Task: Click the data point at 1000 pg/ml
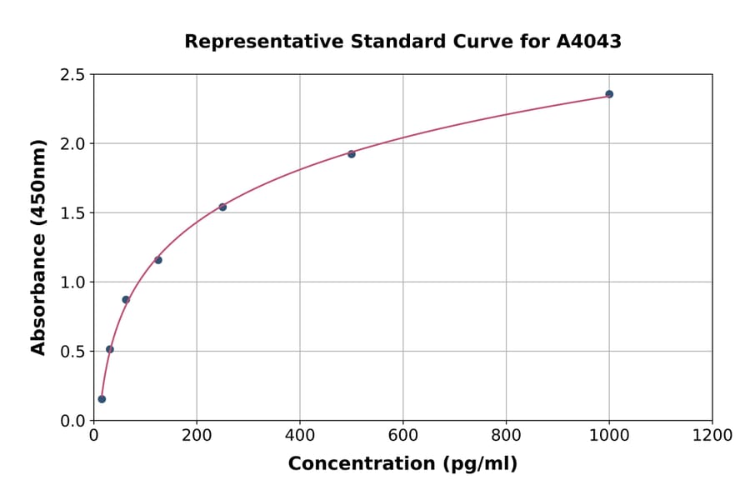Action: (609, 94)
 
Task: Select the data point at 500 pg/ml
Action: (352, 154)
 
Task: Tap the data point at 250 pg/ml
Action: (222, 207)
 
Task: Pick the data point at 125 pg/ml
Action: (158, 260)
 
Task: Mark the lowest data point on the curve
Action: (102, 399)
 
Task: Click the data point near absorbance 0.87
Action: (126, 300)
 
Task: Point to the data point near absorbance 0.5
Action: (110, 349)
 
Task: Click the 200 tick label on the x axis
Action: (197, 436)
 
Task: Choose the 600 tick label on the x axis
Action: (403, 436)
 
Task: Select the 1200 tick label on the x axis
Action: (712, 436)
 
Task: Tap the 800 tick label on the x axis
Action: (506, 436)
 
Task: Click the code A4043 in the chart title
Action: (588, 42)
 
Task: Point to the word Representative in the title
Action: (253, 42)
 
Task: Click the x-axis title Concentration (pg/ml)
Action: (402, 464)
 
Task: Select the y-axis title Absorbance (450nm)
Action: (38, 247)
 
